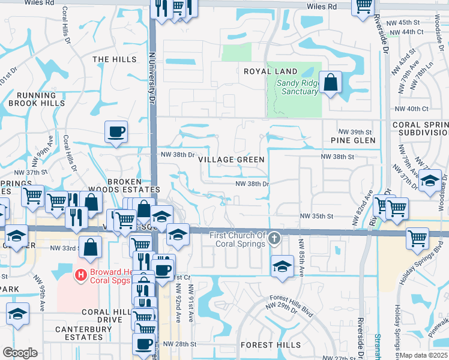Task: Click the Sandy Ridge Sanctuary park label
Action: pyautogui.click(x=297, y=88)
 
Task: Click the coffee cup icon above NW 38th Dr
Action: pyautogui.click(x=116, y=131)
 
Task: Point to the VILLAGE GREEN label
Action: pyautogui.click(x=231, y=160)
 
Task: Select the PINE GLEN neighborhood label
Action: pyautogui.click(x=353, y=140)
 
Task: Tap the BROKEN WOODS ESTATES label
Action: pyautogui.click(x=124, y=185)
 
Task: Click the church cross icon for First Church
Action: pyautogui.click(x=274, y=238)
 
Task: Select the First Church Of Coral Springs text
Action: pyautogui.click(x=237, y=239)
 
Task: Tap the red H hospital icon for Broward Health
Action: pyautogui.click(x=80, y=275)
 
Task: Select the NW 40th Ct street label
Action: pyautogui.click(x=412, y=109)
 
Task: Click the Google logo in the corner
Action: pyautogui.click(x=20, y=353)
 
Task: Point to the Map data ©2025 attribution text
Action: pyautogui.click(x=423, y=355)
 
